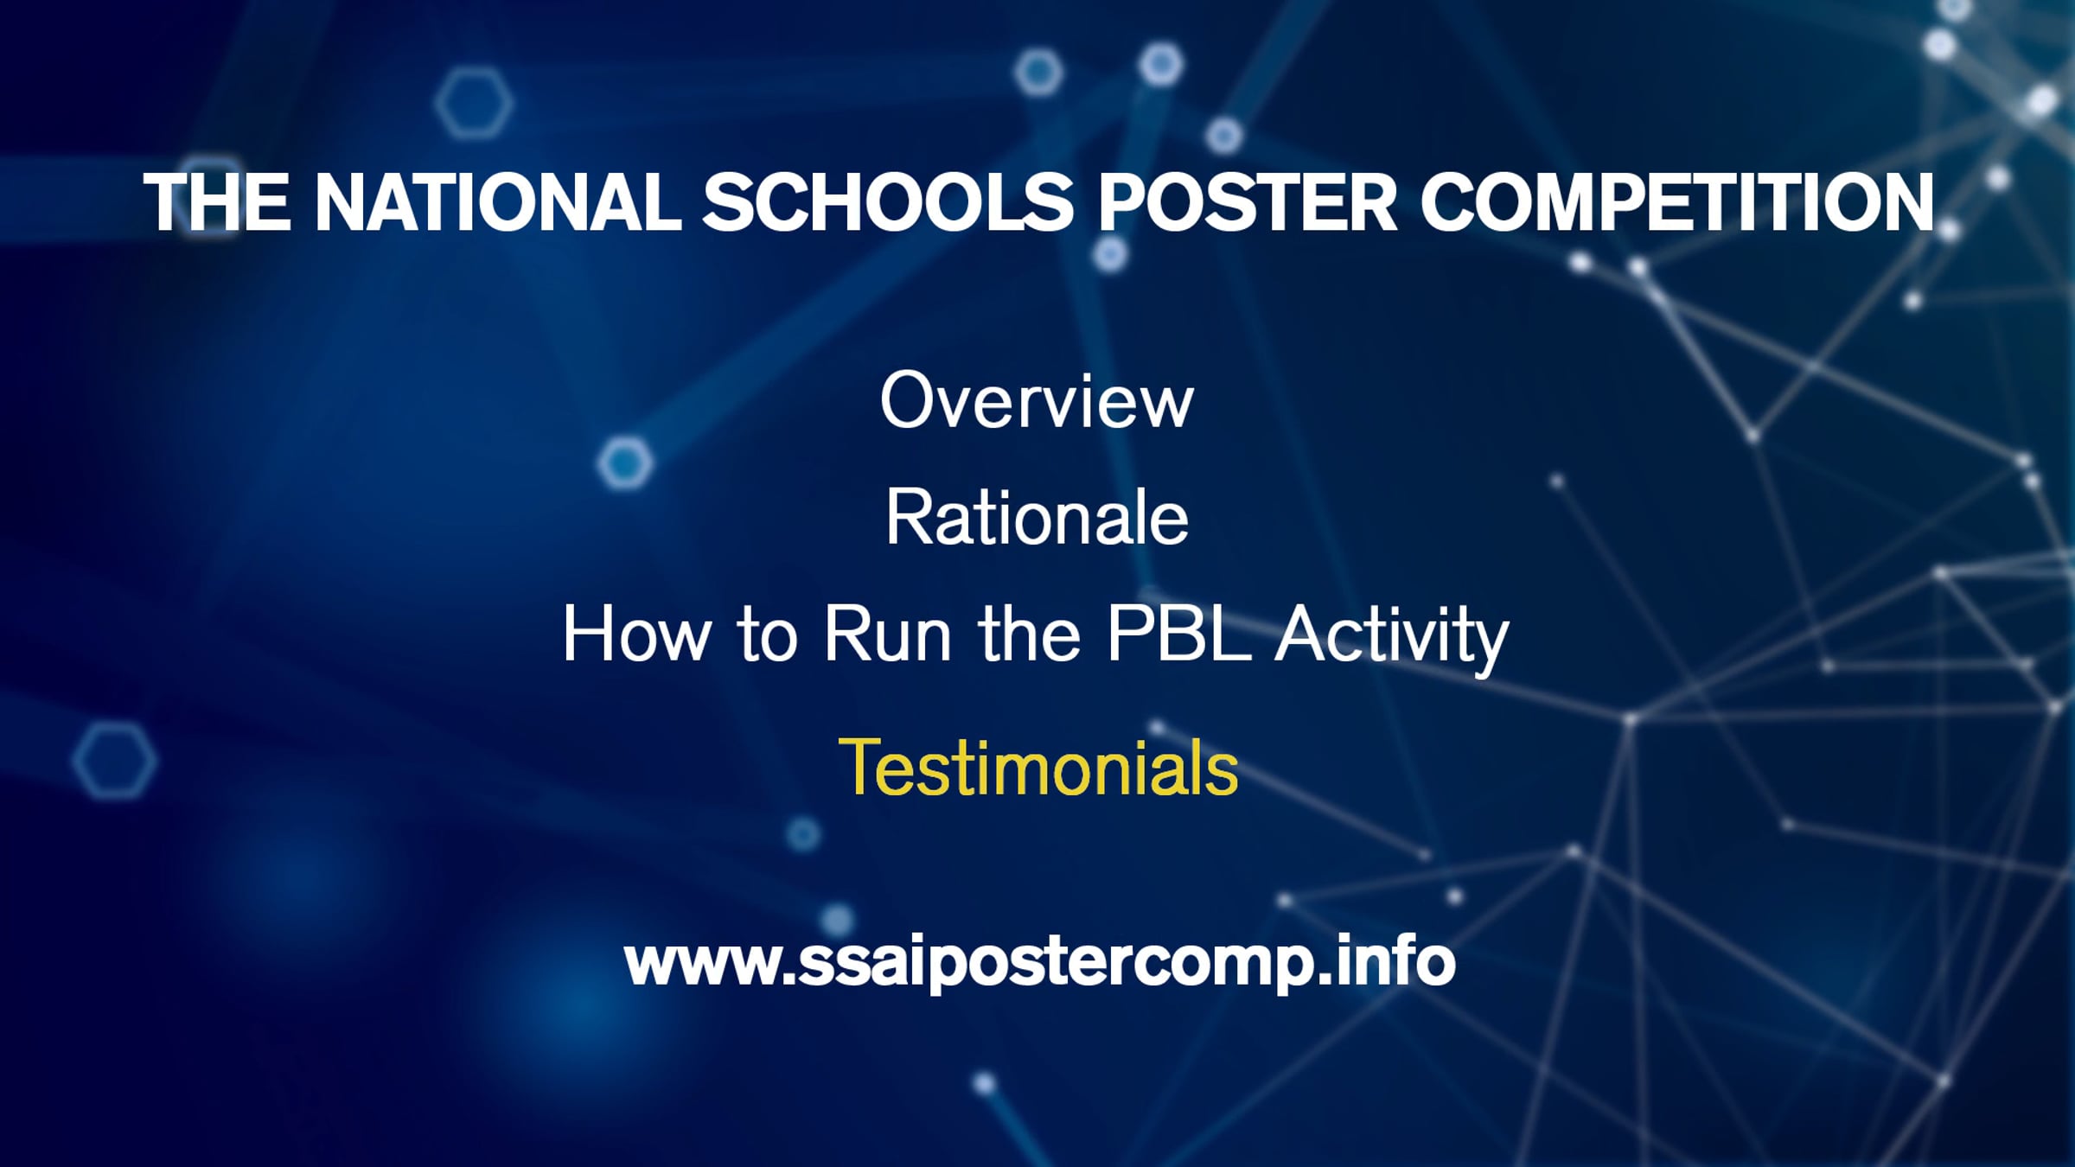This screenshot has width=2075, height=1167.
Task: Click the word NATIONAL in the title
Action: (498, 202)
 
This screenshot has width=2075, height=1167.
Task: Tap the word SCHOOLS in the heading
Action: (888, 202)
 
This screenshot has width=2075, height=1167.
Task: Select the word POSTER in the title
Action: (1247, 202)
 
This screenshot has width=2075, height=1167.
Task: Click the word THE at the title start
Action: (218, 202)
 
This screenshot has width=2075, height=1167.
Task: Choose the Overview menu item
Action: (1037, 400)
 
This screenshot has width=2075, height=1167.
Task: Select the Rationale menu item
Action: (1037, 517)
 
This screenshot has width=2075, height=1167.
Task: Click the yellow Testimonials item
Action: (1037, 767)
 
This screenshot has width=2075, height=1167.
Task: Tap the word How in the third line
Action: (636, 634)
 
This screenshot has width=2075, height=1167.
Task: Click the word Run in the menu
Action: (888, 634)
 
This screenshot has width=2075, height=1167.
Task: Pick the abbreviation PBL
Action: (1179, 633)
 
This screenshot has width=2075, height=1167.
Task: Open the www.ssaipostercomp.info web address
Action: (1039, 963)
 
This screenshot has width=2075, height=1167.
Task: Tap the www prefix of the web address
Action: (701, 965)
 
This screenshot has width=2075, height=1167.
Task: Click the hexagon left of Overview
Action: (624, 463)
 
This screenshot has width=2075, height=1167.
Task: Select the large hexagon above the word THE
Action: (473, 103)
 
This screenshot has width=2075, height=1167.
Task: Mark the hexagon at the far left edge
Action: (115, 761)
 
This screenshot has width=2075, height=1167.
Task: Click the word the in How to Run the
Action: (1029, 634)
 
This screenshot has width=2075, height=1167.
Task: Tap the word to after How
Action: (767, 635)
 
